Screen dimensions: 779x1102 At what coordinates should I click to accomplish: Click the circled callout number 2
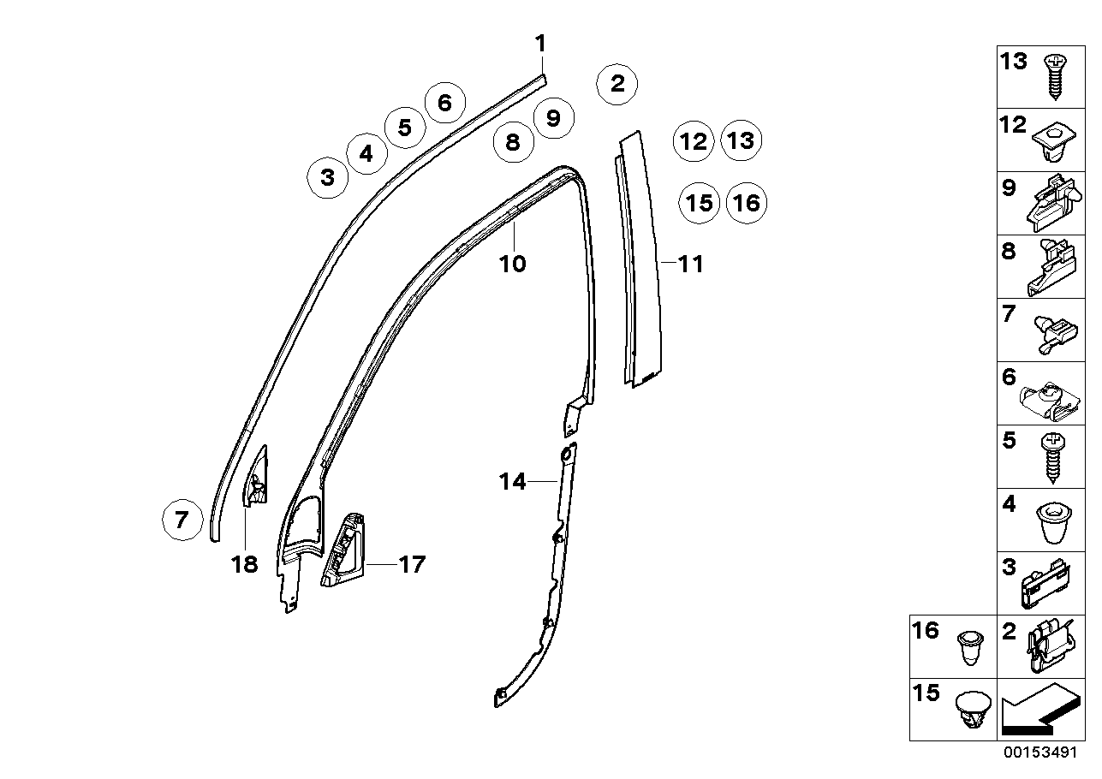coord(617,84)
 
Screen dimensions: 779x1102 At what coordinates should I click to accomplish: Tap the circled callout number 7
coord(182,520)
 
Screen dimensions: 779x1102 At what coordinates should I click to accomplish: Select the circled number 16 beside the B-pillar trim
coord(747,204)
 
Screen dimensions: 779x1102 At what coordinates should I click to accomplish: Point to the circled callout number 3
coord(327,178)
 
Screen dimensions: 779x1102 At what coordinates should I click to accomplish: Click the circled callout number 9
coord(553,117)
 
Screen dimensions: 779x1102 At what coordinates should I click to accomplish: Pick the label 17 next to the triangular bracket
coord(412,565)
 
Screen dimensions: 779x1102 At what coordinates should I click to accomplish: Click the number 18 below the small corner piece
coord(245,565)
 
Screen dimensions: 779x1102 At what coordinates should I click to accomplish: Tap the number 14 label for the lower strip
coord(512,482)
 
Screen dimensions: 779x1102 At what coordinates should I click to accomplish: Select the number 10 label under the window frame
coord(513,264)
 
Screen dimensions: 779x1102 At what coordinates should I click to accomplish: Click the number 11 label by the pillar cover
coord(690,265)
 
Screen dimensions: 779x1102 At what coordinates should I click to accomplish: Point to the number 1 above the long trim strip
coord(540,43)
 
